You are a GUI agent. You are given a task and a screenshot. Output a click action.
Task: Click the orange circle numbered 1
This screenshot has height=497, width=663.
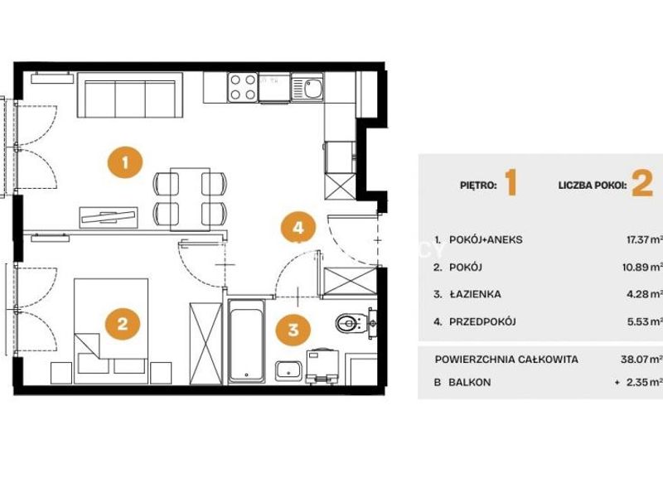[125, 162]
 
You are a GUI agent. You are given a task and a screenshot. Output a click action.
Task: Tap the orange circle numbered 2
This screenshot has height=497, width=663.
[123, 324]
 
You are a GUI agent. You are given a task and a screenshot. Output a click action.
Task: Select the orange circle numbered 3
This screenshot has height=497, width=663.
[293, 329]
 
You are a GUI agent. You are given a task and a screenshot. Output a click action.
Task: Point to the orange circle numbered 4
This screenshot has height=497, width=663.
[298, 228]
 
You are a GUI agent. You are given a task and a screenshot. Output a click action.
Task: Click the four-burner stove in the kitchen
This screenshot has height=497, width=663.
[243, 88]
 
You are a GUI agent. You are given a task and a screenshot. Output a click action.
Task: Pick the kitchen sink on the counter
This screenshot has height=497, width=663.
[307, 88]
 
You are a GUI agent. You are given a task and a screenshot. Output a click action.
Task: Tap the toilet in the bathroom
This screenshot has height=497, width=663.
[351, 324]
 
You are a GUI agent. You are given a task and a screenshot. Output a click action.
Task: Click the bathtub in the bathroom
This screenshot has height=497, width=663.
[246, 341]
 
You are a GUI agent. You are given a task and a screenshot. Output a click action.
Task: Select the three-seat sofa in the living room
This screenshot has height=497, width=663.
[130, 95]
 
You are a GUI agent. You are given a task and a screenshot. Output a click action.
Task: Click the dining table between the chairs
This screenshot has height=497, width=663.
[191, 199]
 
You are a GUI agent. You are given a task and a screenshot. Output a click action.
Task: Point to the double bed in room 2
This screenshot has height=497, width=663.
[111, 331]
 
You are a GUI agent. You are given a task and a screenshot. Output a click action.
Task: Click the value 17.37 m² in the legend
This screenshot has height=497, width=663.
[644, 239]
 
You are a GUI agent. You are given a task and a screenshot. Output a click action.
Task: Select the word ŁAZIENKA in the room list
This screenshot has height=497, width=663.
[475, 294]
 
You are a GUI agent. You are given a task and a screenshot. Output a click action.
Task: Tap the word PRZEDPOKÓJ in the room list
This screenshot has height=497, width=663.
[482, 321]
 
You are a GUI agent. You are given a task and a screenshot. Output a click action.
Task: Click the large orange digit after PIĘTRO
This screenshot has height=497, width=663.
[511, 183]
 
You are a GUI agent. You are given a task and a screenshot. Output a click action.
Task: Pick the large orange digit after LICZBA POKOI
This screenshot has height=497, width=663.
[642, 184]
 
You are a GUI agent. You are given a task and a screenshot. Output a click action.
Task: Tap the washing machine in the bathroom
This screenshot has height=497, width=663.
[322, 366]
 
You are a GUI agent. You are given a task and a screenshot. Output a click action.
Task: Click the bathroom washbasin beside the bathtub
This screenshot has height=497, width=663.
[288, 371]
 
